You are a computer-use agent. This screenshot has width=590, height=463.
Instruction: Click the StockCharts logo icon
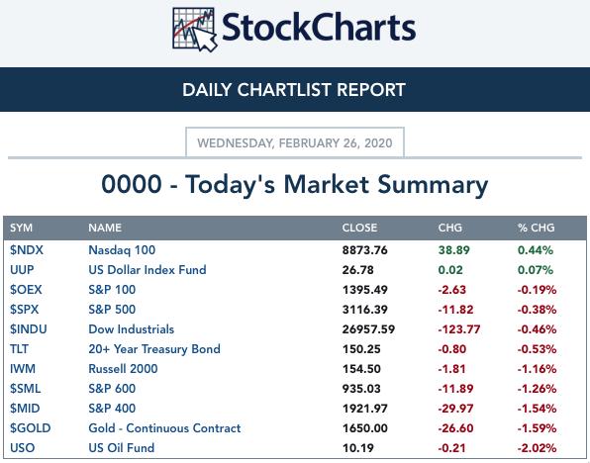[x=195, y=30]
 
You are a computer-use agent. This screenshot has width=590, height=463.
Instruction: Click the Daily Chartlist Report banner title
[x=294, y=90]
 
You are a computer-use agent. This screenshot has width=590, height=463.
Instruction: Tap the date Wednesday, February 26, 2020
[x=295, y=142]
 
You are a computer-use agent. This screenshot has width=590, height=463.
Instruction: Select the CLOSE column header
[x=359, y=228]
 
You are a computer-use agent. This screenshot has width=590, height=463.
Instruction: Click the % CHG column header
[x=536, y=228]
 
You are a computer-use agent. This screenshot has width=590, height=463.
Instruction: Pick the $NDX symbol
[x=27, y=250]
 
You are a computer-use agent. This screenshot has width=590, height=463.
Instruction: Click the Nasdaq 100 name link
[x=122, y=250]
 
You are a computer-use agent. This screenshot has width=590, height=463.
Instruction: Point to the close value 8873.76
[x=364, y=250]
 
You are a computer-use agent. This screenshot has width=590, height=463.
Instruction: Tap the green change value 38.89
[x=453, y=250]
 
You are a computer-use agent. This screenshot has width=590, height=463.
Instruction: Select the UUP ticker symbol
[x=22, y=270]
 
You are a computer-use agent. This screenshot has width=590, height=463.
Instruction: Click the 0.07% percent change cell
[x=536, y=270]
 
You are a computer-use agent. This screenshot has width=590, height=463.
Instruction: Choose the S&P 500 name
[x=112, y=310]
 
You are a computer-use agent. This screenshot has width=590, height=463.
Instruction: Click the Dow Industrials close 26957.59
[x=368, y=329]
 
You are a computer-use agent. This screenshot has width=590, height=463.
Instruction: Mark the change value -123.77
[x=459, y=329]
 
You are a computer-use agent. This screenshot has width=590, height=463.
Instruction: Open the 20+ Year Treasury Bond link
[x=154, y=349]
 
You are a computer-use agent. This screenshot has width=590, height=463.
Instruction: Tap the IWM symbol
[x=23, y=369]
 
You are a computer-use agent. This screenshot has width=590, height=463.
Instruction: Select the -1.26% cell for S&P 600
[x=537, y=389]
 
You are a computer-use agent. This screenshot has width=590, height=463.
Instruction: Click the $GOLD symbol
[x=30, y=428]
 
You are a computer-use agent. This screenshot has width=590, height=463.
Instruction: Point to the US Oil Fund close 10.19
[x=357, y=448]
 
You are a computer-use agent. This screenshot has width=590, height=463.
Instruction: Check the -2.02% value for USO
[x=537, y=448]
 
